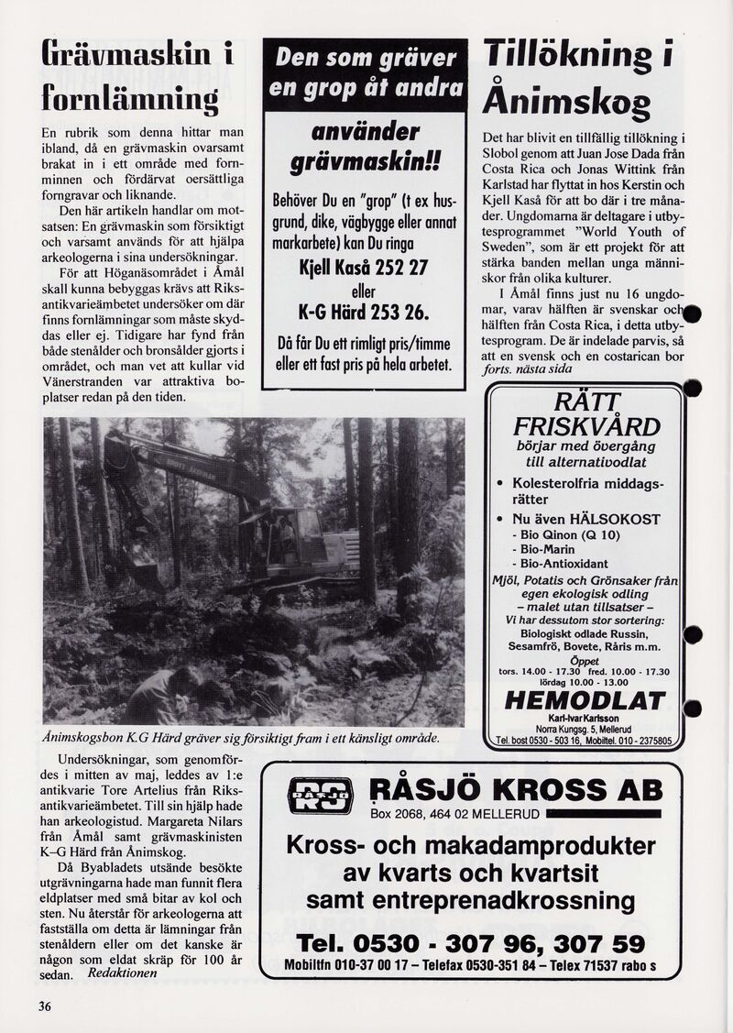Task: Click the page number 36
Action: click(x=44, y=1006)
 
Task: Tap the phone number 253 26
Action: click(x=395, y=312)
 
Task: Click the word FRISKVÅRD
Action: click(x=586, y=426)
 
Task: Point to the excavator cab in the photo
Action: click(x=293, y=536)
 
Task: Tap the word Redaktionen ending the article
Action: click(x=123, y=973)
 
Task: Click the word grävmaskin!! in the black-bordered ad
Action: click(x=366, y=163)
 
